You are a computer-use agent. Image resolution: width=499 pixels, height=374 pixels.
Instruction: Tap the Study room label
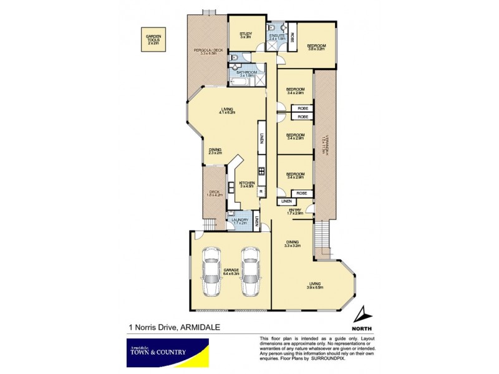point(245,36)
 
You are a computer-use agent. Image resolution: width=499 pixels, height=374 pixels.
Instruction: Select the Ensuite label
point(278,37)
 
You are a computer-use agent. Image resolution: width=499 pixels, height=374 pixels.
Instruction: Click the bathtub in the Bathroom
point(241,80)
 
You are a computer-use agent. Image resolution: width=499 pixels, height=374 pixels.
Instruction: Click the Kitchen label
point(246,184)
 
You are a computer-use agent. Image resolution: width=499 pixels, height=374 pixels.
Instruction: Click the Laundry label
point(240,221)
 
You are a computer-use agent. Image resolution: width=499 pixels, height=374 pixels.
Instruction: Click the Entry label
point(294,213)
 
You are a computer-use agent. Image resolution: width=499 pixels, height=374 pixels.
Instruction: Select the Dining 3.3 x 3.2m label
point(293,244)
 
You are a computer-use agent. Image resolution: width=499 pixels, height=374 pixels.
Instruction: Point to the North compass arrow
point(362,314)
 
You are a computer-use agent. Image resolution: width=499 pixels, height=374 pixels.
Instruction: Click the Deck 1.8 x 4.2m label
point(214,194)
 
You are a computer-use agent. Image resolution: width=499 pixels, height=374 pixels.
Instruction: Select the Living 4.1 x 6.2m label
point(225,111)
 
